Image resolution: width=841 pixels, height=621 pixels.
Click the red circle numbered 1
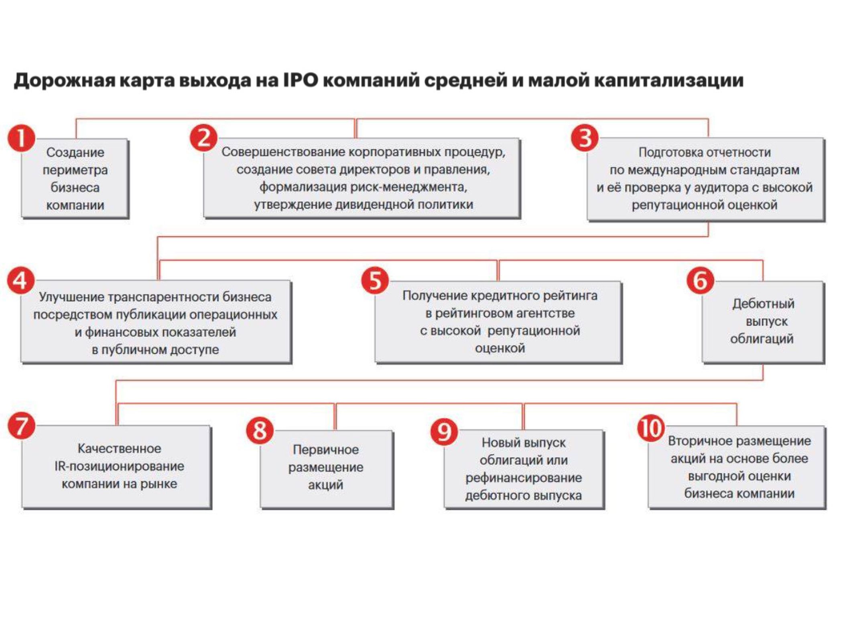tap(21, 138)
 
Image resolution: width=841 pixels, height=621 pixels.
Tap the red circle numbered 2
tap(203, 138)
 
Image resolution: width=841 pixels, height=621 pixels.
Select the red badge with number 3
tap(585, 138)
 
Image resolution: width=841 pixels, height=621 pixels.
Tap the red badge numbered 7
tap(21, 426)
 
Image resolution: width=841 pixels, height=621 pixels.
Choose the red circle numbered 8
tap(260, 431)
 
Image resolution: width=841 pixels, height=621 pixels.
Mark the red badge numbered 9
tap(443, 432)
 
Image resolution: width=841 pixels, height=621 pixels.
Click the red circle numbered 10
tap(651, 428)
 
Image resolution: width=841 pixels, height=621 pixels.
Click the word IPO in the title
tap(301, 80)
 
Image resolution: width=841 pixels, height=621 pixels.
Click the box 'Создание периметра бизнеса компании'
tap(75, 179)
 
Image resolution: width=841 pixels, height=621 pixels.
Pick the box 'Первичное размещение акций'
tap(326, 468)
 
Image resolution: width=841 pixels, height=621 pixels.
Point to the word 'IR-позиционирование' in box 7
tap(120, 466)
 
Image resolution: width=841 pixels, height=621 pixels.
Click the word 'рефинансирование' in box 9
tap(524, 478)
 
